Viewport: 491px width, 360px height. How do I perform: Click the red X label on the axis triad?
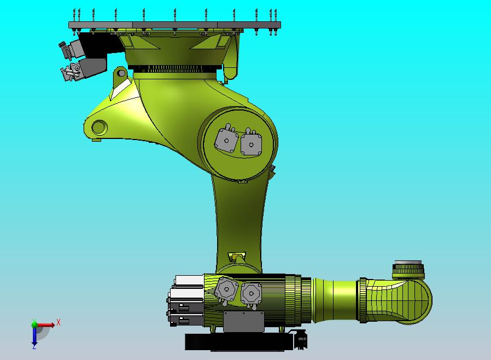[x=59, y=322]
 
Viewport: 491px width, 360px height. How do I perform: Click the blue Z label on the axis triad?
[x=34, y=346]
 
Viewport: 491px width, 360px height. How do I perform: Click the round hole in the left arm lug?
[x=99, y=127]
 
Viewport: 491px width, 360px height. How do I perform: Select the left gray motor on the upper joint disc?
[x=225, y=140]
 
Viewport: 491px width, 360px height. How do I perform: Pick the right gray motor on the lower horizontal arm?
[x=249, y=293]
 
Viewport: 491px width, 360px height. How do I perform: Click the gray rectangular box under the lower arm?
[x=243, y=321]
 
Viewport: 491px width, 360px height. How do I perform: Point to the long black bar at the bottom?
[x=241, y=342]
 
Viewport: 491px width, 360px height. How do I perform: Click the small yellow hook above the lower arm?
[x=237, y=257]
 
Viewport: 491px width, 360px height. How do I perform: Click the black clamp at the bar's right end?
[x=300, y=340]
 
